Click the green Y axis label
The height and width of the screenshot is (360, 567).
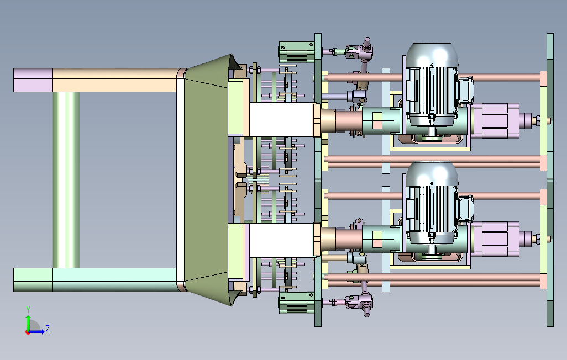tap(28, 310)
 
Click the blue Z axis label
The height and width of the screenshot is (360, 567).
tap(47, 329)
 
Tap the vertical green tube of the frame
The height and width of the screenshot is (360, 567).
tap(66, 179)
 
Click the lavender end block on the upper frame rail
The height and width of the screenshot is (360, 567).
tap(33, 80)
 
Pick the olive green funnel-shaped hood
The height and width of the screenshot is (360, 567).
tap(207, 179)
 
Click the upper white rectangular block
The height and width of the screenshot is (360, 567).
tap(281, 119)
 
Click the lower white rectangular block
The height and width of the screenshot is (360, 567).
tap(281, 240)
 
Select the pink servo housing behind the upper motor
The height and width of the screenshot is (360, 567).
tap(495, 120)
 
